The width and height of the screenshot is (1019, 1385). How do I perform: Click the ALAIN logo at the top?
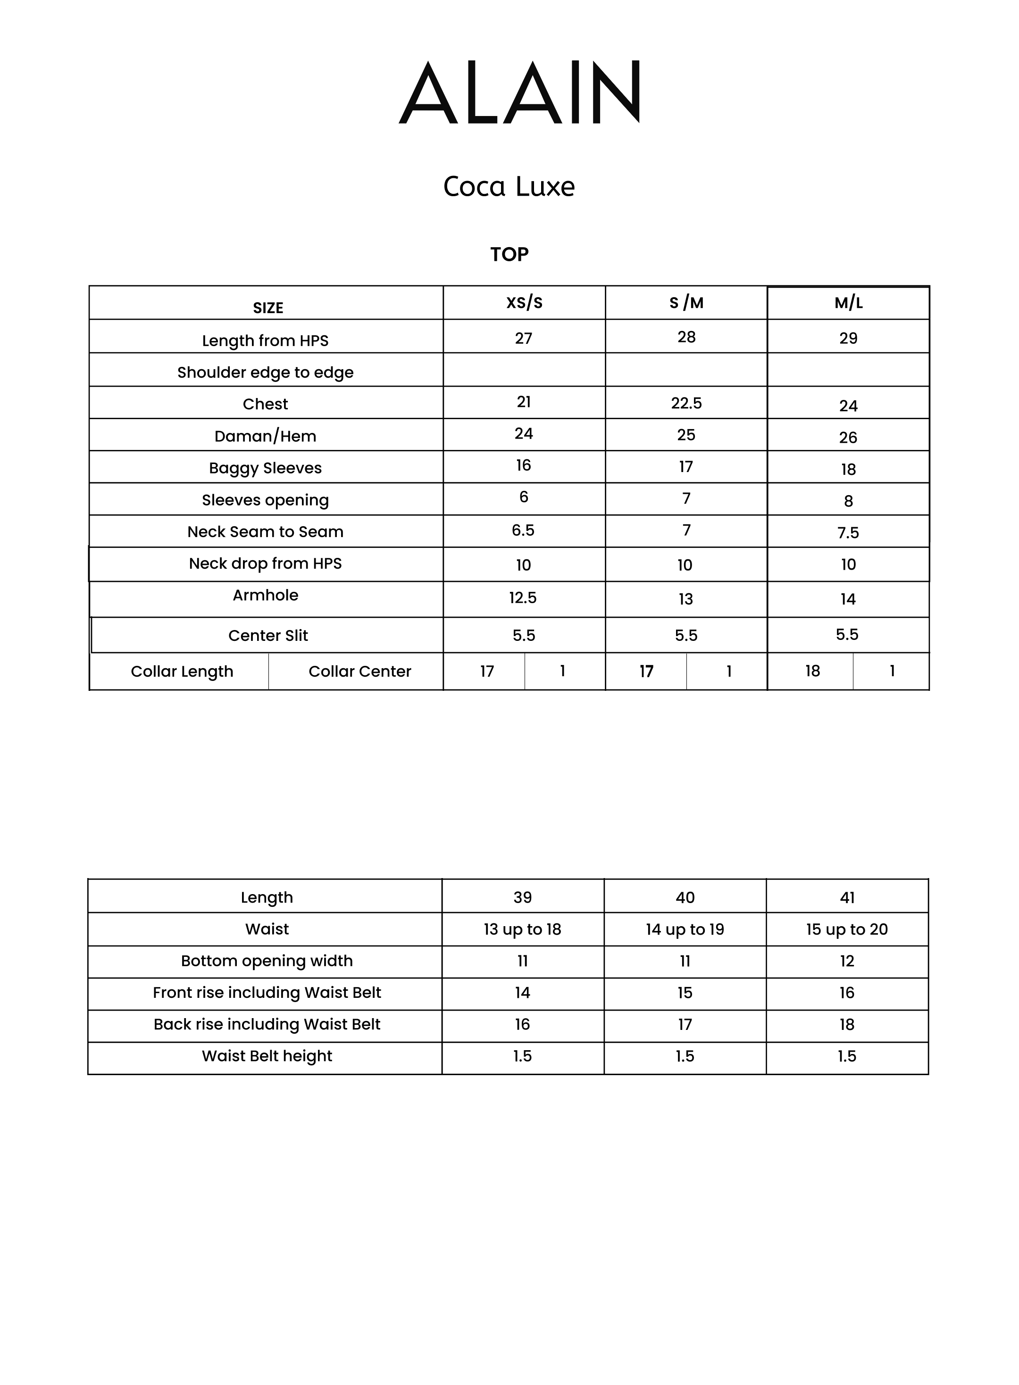519,92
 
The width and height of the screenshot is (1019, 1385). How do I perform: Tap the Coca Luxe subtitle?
509,186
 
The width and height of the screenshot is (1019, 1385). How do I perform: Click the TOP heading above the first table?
509,254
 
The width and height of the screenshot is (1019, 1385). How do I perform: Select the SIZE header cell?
267,308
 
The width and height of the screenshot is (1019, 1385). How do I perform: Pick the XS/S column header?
524,302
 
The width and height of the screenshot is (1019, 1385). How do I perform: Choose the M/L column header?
848,303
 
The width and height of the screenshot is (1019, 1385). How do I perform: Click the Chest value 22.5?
686,403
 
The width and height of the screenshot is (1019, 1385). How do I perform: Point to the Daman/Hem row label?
265,436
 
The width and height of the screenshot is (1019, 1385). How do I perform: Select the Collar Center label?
359,671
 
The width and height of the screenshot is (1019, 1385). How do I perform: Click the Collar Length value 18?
812,671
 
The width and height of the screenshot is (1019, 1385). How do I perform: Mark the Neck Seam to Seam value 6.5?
523,531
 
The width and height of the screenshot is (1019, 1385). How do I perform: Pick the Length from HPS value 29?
848,338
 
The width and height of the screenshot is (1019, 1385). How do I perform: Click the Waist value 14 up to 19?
685,929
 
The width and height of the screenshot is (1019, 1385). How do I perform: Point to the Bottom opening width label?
267,961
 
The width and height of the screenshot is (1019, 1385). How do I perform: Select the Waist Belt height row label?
267,1056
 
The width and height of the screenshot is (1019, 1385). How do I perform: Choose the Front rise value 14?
522,993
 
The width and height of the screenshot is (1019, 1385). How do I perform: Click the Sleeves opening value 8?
848,501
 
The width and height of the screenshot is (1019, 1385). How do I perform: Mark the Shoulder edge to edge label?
265,373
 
